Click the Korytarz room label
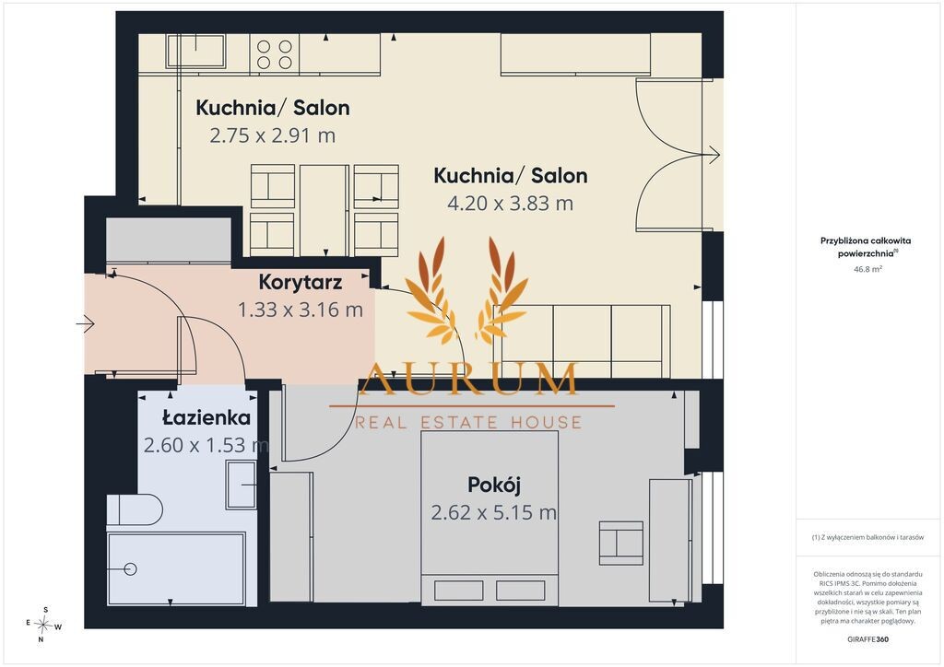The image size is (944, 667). tap(301, 282)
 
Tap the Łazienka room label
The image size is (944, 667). tap(206, 416)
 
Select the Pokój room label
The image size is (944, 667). tap(494, 485)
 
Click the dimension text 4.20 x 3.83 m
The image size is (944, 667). tap(510, 204)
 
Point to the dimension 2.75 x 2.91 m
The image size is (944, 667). tap(272, 135)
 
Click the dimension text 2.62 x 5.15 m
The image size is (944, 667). tap(494, 512)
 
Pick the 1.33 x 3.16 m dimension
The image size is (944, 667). tap(301, 310)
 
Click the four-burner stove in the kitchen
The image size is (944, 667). tap(275, 54)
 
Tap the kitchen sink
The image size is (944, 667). tap(195, 51)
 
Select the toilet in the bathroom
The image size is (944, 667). tap(135, 510)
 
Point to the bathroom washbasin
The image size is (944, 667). tap(241, 485)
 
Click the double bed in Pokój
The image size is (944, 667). tap(490, 518)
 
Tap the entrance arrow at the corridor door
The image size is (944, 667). tap(86, 324)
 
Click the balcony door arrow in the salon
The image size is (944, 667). tap(711, 155)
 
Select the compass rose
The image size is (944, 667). tap(44, 625)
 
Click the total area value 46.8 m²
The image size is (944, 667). tap(867, 269)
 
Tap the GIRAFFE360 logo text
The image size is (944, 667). tap(867, 639)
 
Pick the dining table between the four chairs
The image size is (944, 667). tap(324, 210)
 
